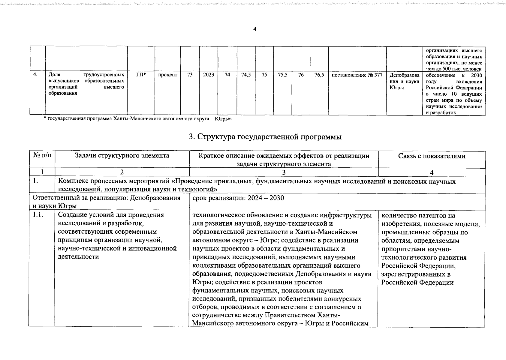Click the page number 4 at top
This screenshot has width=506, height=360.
pyautogui.click(x=255, y=29)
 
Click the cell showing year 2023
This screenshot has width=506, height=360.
pyautogui.click(x=208, y=75)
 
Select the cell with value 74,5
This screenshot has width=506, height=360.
pyautogui.click(x=246, y=75)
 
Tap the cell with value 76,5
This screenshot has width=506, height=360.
pyautogui.click(x=319, y=75)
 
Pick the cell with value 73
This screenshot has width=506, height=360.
pyautogui.click(x=190, y=75)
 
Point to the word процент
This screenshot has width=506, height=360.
pyautogui.click(x=167, y=75)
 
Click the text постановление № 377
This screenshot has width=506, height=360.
pyautogui.click(x=357, y=75)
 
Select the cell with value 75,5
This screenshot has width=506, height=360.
pyautogui.click(x=282, y=75)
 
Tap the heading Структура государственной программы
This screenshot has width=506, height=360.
pyautogui.click(x=265, y=137)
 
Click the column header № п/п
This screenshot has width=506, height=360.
pyautogui.click(x=42, y=156)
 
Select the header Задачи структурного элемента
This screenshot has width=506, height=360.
pyautogui.click(x=122, y=155)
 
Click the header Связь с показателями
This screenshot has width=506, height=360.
pyautogui.click(x=432, y=156)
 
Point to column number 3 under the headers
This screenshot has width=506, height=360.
pyautogui.click(x=284, y=172)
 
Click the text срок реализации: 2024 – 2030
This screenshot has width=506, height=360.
pyautogui.click(x=238, y=198)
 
